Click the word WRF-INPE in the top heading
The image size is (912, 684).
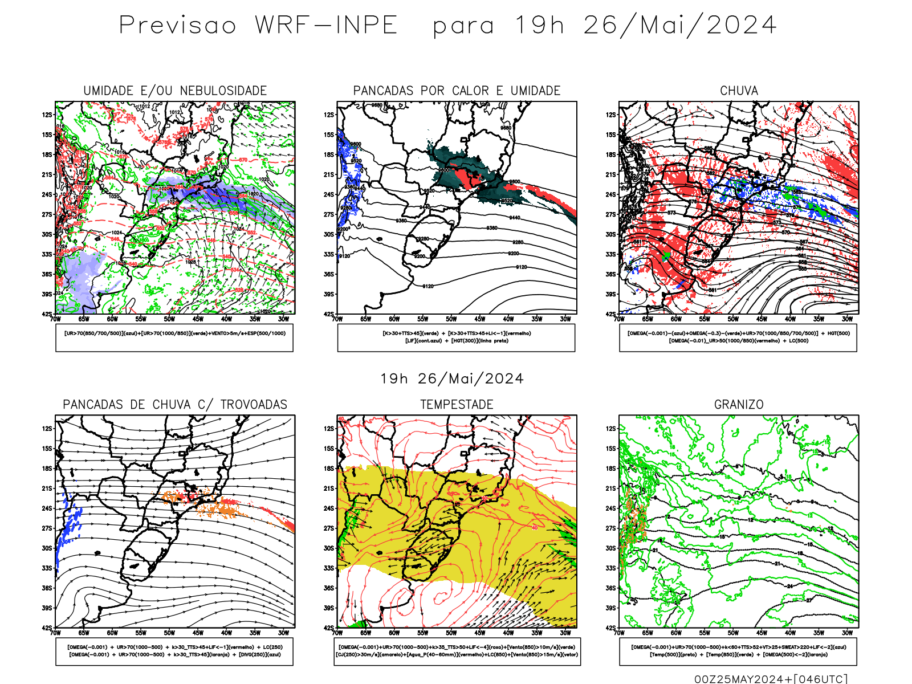326,25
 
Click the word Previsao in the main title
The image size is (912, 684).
177,25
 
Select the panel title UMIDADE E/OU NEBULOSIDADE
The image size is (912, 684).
175,91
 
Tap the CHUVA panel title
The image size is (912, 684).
739,91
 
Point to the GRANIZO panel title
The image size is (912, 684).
739,405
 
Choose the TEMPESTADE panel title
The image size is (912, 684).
457,405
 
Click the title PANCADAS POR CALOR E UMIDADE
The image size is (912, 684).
457,91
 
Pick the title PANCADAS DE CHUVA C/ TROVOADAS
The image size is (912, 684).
175,405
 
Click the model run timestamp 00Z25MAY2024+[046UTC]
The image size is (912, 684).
771,679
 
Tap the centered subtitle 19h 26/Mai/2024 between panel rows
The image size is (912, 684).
452,378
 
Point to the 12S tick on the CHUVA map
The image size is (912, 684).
611,115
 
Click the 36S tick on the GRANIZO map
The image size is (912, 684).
611,588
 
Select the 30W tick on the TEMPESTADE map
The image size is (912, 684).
565,633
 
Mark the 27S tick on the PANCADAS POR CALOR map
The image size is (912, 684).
329,215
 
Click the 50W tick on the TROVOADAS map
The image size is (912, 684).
169,633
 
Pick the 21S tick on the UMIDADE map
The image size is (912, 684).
47,175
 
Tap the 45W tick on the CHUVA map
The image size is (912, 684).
762,319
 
